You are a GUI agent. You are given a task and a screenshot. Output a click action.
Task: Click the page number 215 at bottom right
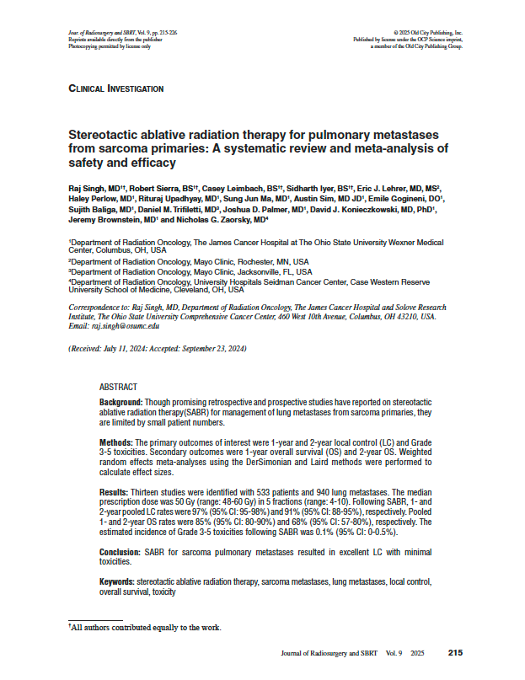tap(455, 653)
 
